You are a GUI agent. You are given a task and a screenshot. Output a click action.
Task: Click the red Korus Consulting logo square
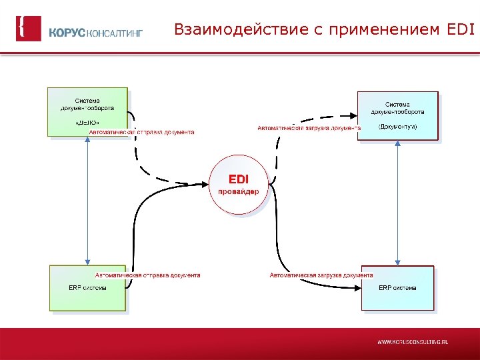(x=29, y=29)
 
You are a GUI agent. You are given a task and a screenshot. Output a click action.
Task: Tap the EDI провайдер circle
(x=239, y=185)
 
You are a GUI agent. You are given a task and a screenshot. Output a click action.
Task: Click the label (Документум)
(x=397, y=127)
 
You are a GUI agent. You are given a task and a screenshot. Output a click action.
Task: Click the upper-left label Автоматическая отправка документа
(x=142, y=132)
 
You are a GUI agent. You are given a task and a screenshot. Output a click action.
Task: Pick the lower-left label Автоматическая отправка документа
(x=147, y=275)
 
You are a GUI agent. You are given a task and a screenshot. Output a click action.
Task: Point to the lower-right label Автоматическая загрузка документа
(x=321, y=275)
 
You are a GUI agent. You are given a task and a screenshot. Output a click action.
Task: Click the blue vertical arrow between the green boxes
(x=88, y=200)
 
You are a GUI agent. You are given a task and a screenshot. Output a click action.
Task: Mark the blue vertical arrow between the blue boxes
(x=398, y=203)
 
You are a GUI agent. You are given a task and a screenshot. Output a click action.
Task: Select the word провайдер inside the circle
(x=239, y=191)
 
